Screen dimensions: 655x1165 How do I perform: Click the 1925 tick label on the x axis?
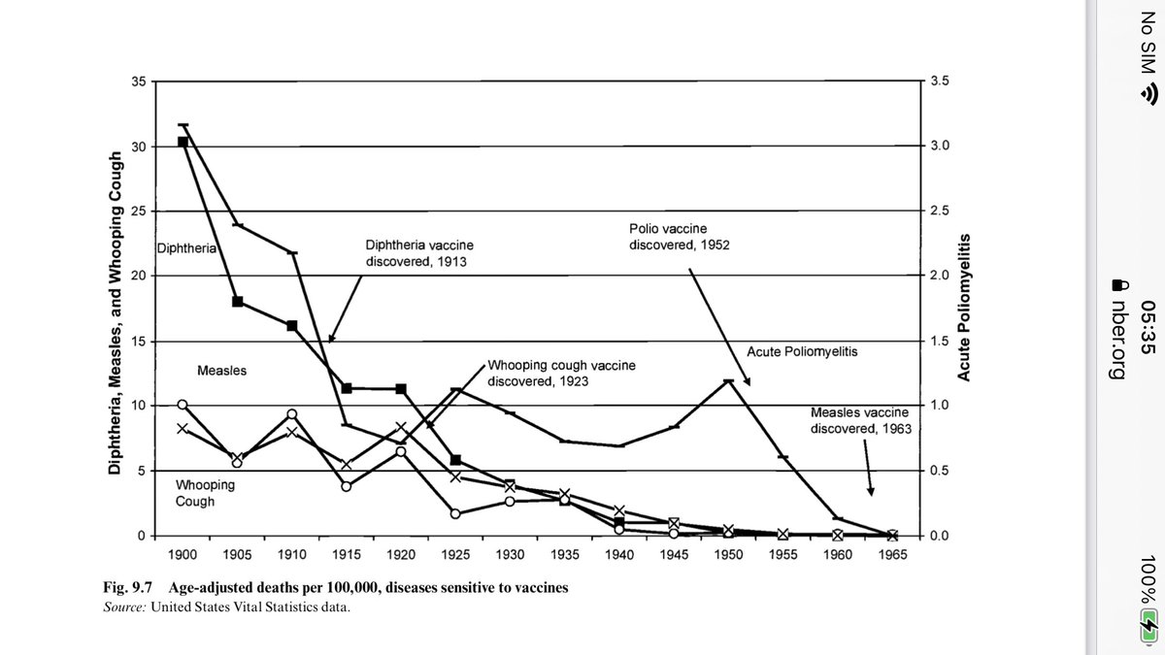pyautogui.click(x=455, y=554)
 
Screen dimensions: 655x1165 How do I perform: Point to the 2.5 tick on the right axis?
pyautogui.click(x=941, y=212)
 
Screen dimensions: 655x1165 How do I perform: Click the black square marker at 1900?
pyautogui.click(x=183, y=142)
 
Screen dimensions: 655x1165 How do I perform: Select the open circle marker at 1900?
pyautogui.click(x=183, y=405)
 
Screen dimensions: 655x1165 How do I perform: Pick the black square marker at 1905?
pyautogui.click(x=237, y=301)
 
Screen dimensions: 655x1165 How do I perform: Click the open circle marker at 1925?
pyautogui.click(x=455, y=513)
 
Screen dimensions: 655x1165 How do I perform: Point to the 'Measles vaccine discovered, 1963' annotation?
pyautogui.click(x=861, y=420)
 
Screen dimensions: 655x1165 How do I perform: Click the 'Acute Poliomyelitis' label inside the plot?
pyautogui.click(x=803, y=350)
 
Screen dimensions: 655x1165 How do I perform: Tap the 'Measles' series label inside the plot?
pyautogui.click(x=221, y=371)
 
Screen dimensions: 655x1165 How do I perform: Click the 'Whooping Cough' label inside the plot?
pyautogui.click(x=205, y=493)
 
